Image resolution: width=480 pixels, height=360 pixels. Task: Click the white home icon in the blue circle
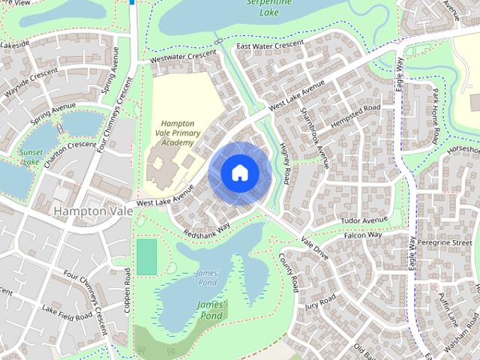click(239, 172)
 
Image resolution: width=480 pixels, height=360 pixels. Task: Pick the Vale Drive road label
click(314, 249)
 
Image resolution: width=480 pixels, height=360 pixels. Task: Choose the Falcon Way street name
click(363, 235)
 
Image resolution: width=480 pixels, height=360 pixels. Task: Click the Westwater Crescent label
click(183, 57)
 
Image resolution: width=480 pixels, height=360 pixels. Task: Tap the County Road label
click(289, 272)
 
